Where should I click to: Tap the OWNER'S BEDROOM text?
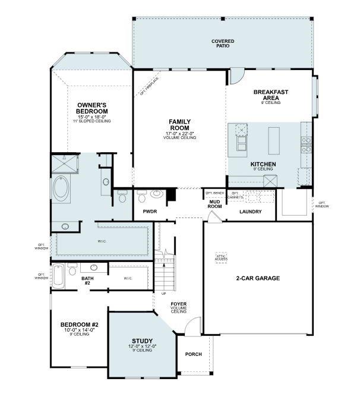pos(92,108)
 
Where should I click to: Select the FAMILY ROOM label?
pos(179,125)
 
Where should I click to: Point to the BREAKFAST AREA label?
pos(271,95)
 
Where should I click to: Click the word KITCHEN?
pos(262,164)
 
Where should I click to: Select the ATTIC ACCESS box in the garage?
pos(222,257)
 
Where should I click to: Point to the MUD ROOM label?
pos(214,205)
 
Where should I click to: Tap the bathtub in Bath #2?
pos(58,275)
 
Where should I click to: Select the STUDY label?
pos(142,341)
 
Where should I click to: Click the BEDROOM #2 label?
pos(75,324)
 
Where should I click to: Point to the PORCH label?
pos(193,354)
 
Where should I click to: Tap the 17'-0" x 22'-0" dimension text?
pos(179,133)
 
